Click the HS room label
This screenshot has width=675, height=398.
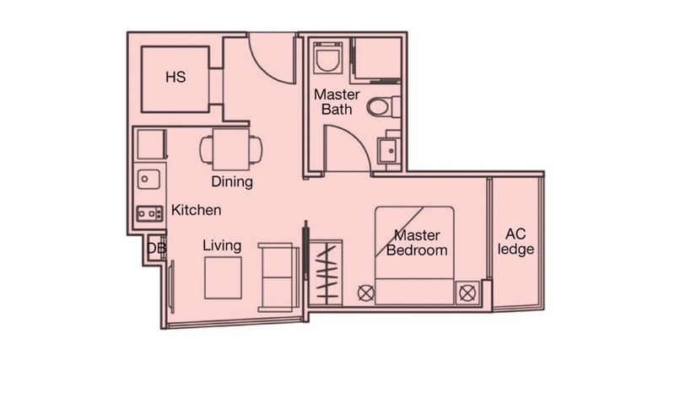click(x=175, y=77)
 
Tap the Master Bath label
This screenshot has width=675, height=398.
click(x=337, y=101)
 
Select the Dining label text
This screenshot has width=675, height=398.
click(x=232, y=181)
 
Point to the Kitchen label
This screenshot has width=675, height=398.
click(x=197, y=210)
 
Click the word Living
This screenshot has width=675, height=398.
click(x=222, y=245)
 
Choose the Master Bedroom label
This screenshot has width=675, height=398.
click(x=417, y=243)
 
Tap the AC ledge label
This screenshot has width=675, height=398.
click(x=516, y=241)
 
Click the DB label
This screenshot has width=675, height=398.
click(x=156, y=248)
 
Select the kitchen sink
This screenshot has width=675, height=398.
click(x=148, y=179)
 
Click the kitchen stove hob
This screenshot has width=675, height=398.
click(x=149, y=213)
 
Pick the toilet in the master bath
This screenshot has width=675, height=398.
click(x=383, y=106)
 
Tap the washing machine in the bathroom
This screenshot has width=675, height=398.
click(x=328, y=57)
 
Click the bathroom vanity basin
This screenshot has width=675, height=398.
click(x=389, y=151)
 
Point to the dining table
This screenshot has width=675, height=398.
click(x=230, y=149)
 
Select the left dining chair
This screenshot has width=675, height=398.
click(x=206, y=149)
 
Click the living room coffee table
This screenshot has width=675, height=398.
click(x=223, y=278)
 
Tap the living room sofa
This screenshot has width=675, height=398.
click(x=278, y=277)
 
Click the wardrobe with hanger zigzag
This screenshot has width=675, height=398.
click(x=326, y=273)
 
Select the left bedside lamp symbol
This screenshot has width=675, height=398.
click(x=366, y=293)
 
